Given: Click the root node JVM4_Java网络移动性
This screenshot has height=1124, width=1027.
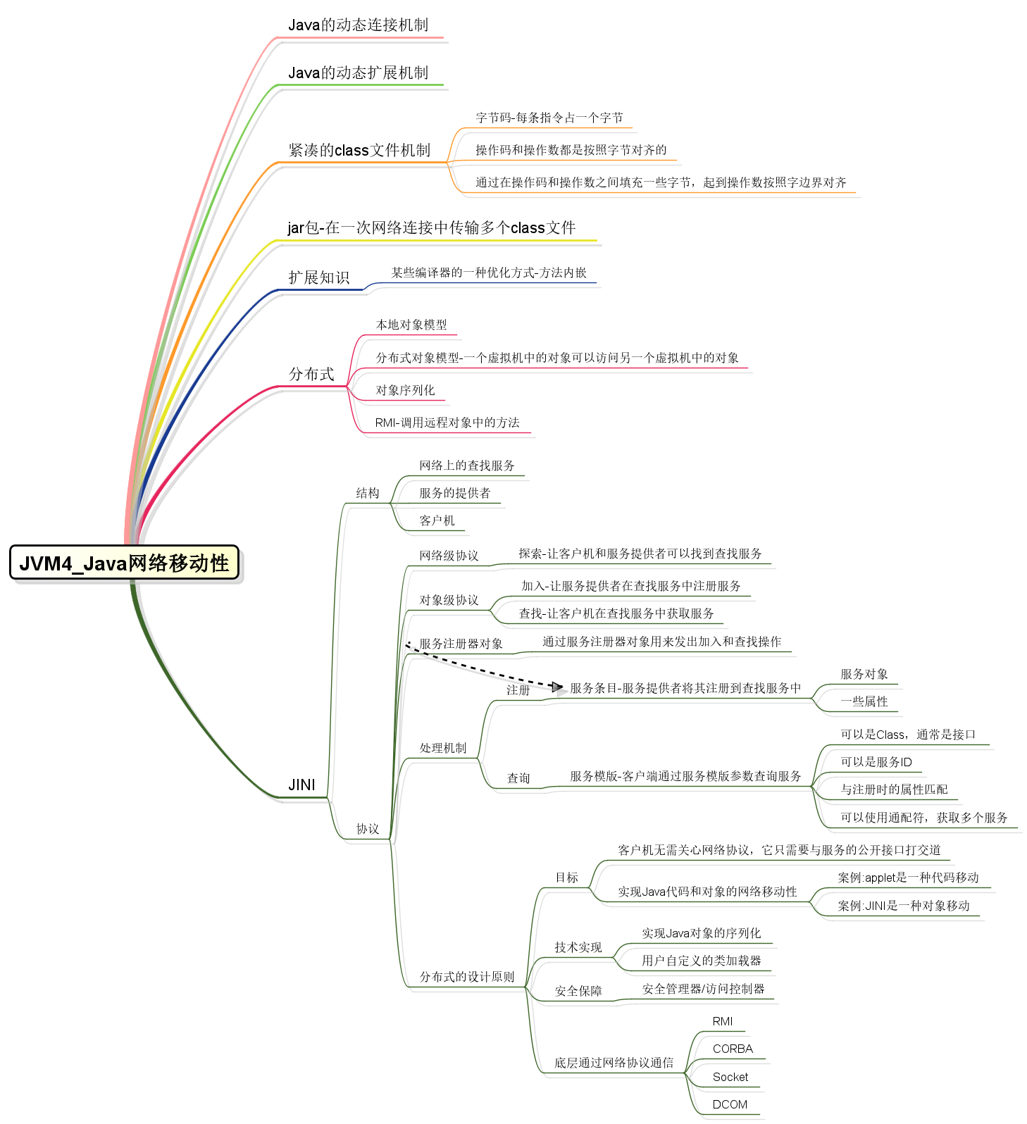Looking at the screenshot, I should click(124, 563).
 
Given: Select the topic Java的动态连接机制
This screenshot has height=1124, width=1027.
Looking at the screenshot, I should click(358, 25).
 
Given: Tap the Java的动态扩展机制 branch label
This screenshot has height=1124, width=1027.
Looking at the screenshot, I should click(358, 73).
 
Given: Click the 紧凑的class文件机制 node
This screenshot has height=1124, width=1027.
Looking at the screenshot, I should click(359, 151).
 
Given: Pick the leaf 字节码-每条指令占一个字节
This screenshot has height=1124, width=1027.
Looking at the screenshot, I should click(549, 118).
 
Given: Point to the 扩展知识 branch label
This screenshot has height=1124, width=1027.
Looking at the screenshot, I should click(319, 277).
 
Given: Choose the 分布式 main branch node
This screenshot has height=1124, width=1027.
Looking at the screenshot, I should click(311, 374).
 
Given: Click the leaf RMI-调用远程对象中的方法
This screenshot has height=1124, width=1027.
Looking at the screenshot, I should click(447, 423).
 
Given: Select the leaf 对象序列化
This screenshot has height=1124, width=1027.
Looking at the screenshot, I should click(405, 390).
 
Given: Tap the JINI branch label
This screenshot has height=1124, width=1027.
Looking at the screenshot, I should click(301, 785).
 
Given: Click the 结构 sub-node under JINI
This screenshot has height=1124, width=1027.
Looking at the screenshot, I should click(368, 493).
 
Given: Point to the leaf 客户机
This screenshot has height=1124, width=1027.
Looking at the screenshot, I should click(437, 520).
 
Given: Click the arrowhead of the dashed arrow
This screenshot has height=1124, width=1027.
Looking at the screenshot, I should click(557, 687).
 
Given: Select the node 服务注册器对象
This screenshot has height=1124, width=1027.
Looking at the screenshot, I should click(461, 644).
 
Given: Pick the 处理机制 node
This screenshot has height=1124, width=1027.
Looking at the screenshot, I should click(443, 748).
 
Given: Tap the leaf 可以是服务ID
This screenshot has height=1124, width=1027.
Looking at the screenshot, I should click(876, 762).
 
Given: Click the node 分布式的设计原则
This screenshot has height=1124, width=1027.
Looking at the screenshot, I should click(467, 977).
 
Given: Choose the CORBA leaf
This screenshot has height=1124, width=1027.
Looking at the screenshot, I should click(733, 1049).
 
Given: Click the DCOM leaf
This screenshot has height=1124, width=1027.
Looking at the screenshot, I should click(730, 1104).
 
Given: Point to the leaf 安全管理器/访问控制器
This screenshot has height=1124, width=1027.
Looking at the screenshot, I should click(703, 989).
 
